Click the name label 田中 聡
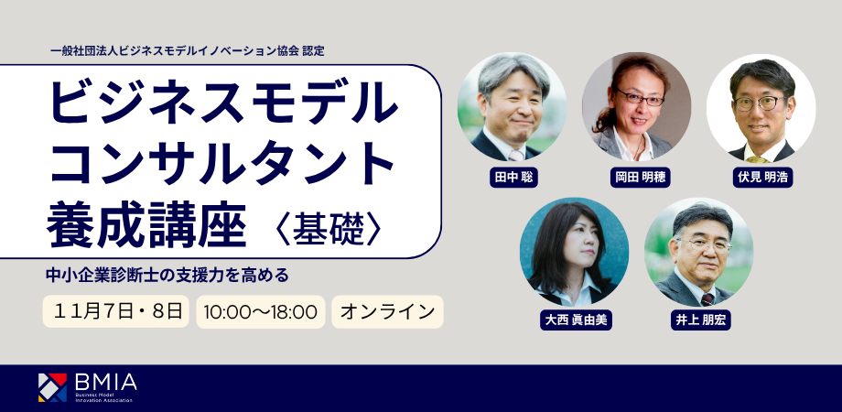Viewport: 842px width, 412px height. tap(513, 178)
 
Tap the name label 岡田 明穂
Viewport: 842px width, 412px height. tap(638, 178)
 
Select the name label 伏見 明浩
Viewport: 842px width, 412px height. tap(762, 178)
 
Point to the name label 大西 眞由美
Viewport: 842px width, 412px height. tap(576, 320)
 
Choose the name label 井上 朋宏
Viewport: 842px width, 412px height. tap(700, 320)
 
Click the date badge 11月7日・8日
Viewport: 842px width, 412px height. tap(115, 311)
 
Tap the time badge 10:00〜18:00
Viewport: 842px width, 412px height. tap(261, 311)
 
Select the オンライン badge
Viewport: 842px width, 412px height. tap(387, 311)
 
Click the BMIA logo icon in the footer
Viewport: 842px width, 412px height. tap(53, 387)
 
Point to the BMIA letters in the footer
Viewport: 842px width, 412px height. tap(106, 383)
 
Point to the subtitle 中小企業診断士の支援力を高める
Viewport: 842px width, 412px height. tap(167, 275)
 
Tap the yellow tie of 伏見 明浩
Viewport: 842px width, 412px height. tap(758, 159)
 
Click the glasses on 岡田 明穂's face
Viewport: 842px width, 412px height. tap(640, 98)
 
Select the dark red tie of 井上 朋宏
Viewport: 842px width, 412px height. tap(707, 299)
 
